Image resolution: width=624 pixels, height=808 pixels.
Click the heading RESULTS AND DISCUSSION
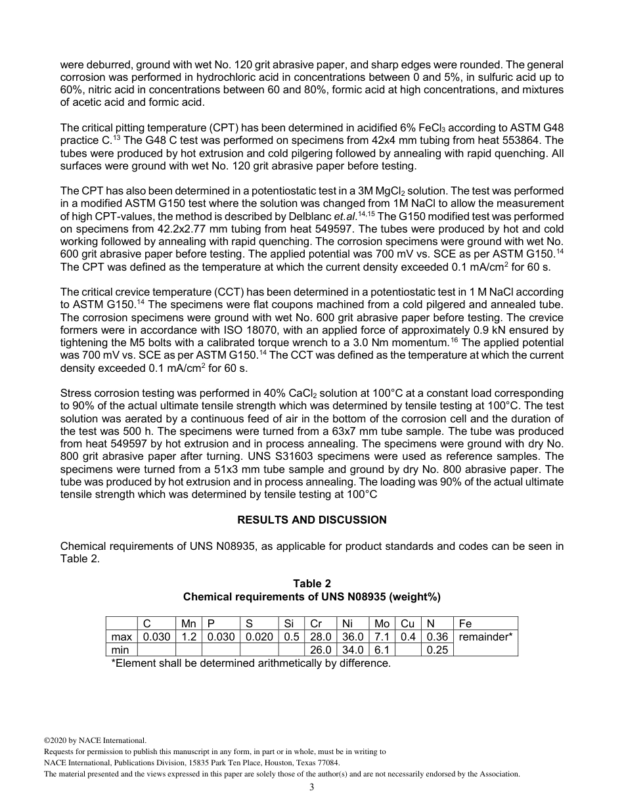(311, 520)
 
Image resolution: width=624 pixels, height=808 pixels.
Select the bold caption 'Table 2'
(311, 583)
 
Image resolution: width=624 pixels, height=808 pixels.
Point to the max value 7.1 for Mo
(382, 637)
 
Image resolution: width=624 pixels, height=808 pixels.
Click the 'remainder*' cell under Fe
(485, 637)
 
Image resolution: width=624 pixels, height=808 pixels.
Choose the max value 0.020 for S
(259, 637)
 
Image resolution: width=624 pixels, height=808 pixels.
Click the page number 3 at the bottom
(311, 788)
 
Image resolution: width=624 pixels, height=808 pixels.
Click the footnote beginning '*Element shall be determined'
(251, 663)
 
